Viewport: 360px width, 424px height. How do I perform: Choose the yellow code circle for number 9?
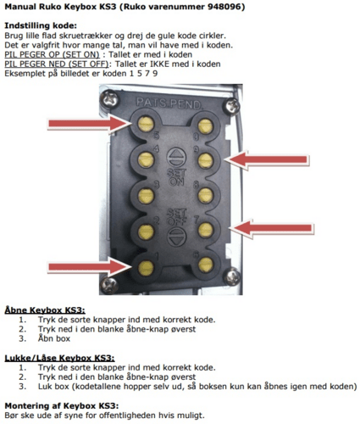(x=202, y=159)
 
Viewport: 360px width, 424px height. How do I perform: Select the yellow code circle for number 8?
(x=202, y=194)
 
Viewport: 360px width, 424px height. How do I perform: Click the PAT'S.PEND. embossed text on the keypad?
(x=174, y=102)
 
